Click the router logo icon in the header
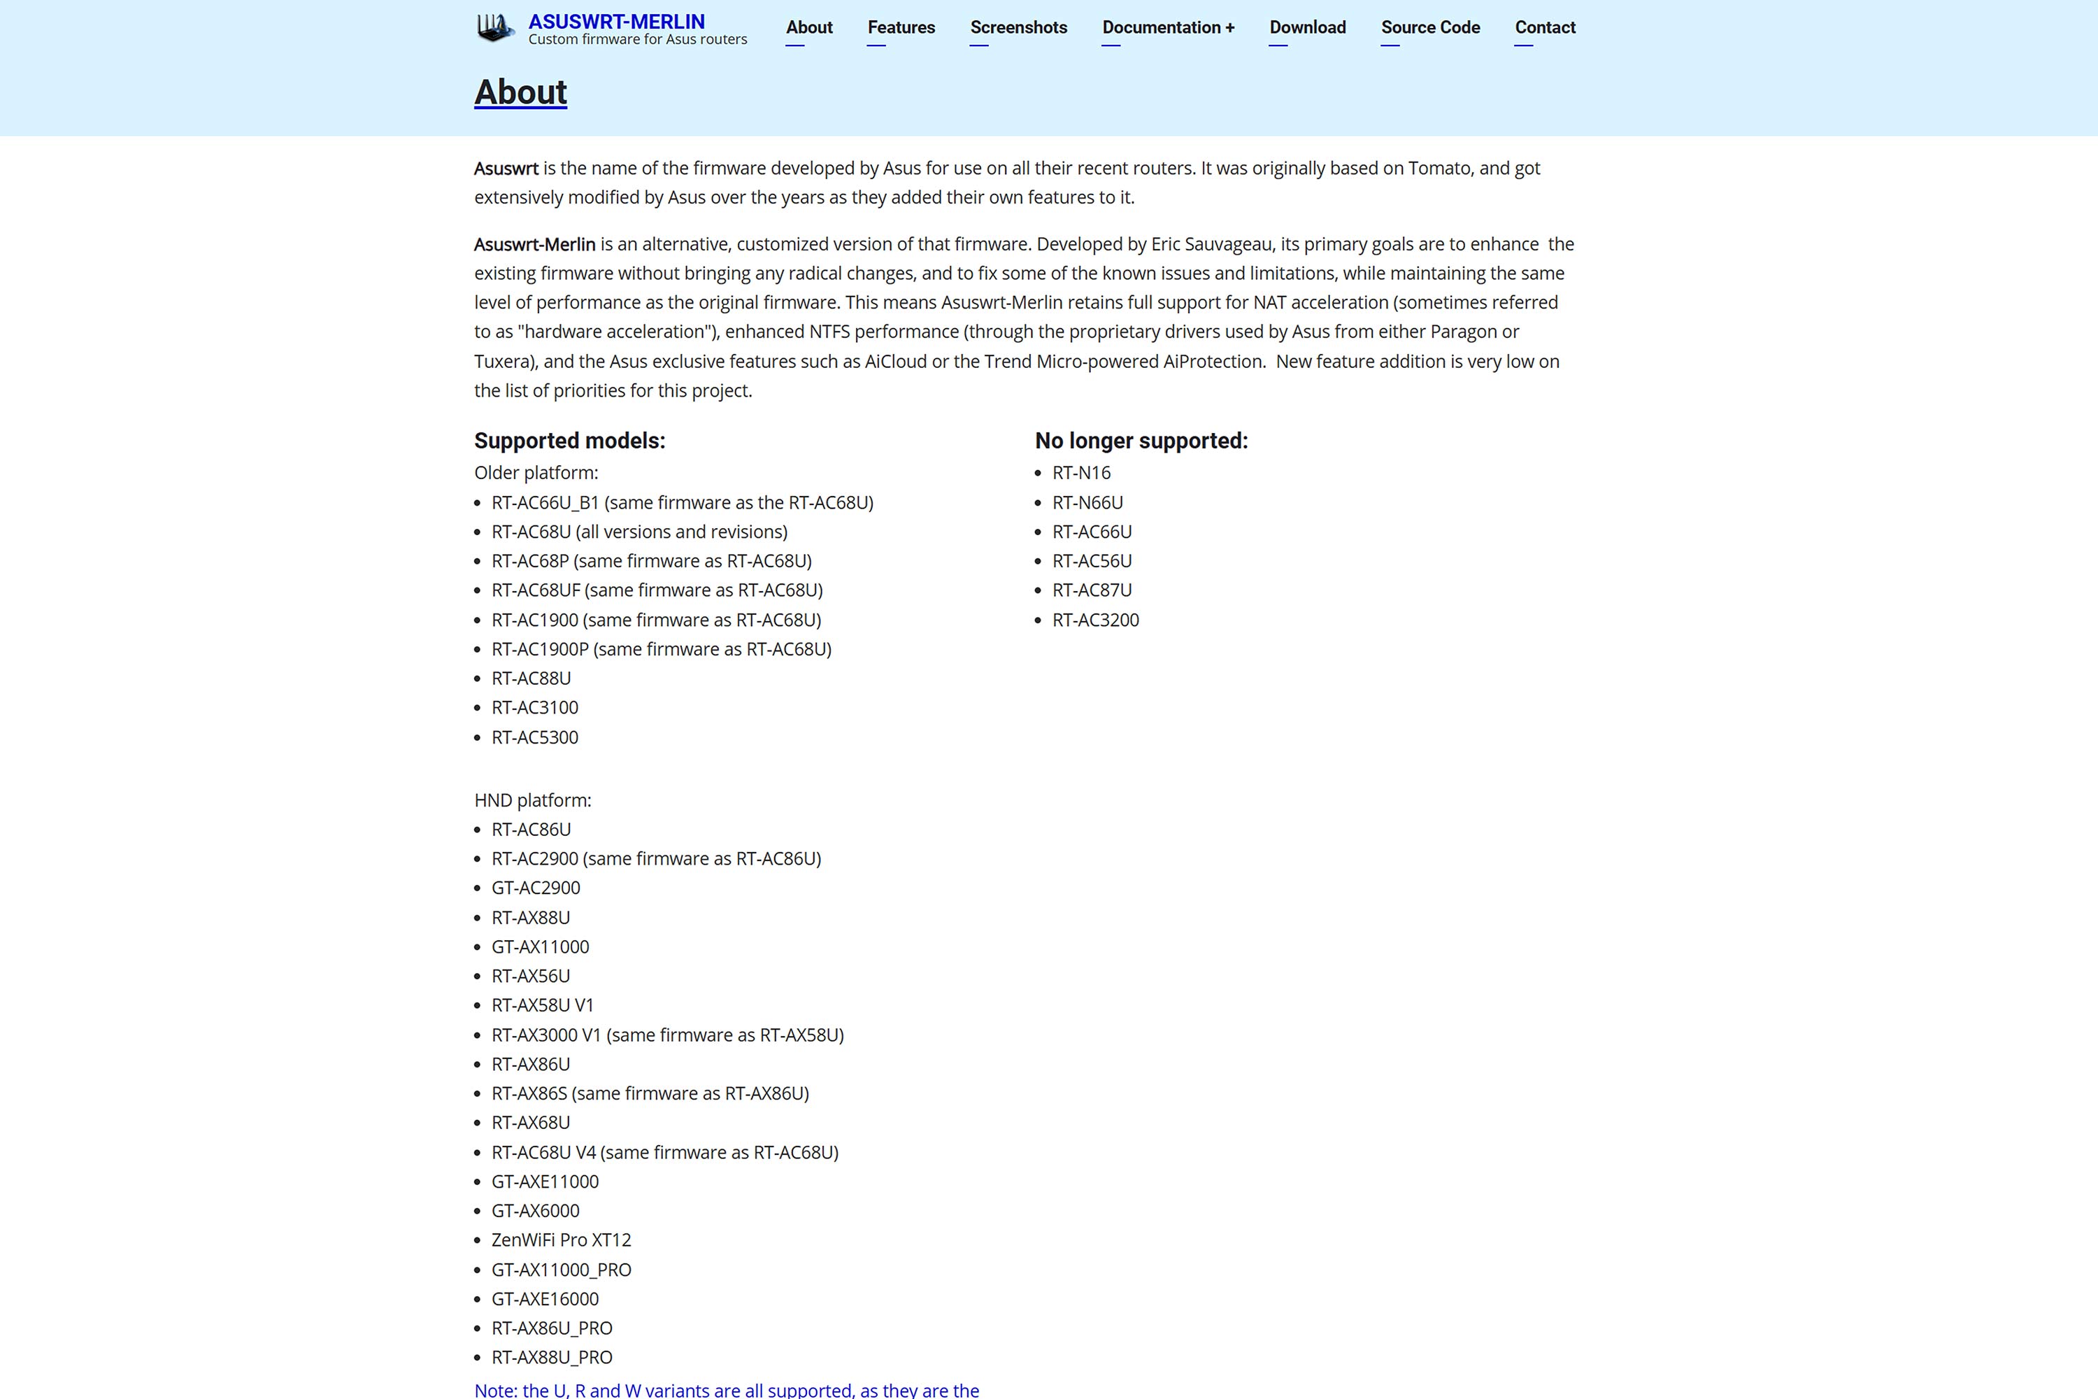[495, 28]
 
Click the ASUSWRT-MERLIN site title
[616, 22]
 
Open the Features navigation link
[901, 28]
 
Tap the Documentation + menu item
[1168, 28]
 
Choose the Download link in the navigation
[1307, 28]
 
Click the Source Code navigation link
[1430, 28]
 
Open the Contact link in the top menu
[1544, 28]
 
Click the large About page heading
[520, 92]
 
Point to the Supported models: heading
[569, 441]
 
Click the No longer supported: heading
[1141, 441]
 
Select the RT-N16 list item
[1081, 473]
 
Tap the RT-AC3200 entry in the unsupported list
[1095, 620]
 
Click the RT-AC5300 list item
[534, 738]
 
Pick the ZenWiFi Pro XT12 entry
[561, 1240]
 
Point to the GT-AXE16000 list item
[545, 1299]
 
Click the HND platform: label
[532, 800]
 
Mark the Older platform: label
[536, 473]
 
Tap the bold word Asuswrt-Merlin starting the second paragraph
[534, 244]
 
